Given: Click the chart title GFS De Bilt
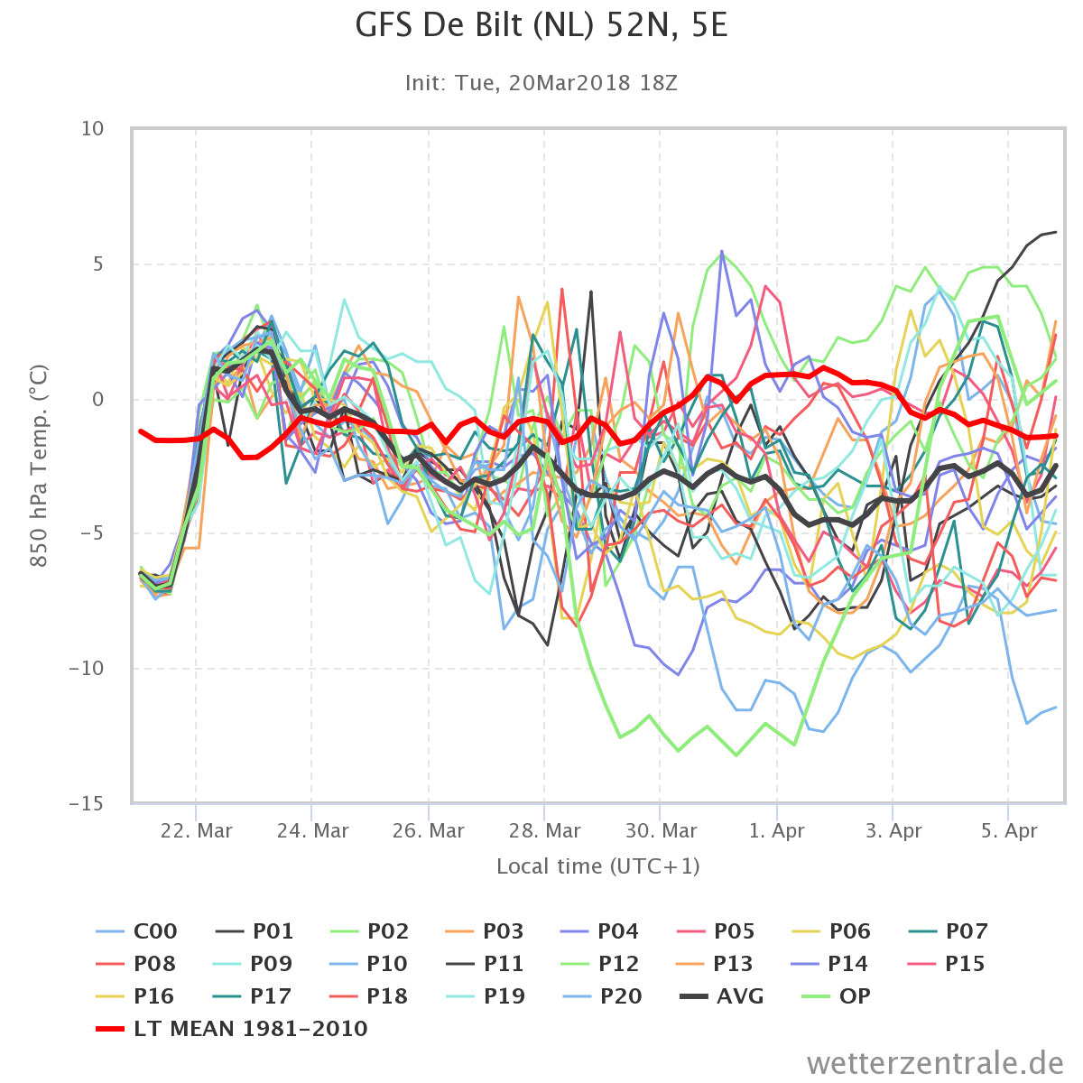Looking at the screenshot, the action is (541, 26).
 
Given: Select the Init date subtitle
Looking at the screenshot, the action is (541, 83).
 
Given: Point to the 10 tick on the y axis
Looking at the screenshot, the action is (93, 129).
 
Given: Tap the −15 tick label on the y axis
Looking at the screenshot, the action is (87, 804).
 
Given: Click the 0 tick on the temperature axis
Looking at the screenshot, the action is (98, 399).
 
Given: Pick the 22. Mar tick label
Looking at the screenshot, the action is (196, 830).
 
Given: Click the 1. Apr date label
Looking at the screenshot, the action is (777, 830).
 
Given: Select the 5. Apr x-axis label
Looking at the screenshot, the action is (1009, 830).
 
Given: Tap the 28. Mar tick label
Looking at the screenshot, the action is (544, 830).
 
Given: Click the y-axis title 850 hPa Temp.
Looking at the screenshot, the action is (39, 466).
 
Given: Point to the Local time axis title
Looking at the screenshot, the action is (598, 866).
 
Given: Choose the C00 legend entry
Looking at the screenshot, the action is (136, 931).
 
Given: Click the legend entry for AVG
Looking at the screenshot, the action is (722, 996).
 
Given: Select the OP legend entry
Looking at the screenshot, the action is (836, 996).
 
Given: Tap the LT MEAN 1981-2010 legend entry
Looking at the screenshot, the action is (232, 1029).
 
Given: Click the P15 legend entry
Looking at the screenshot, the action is (947, 964).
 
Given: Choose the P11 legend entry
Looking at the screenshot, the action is (485, 964).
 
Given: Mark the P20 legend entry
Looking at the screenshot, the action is (602, 996).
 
